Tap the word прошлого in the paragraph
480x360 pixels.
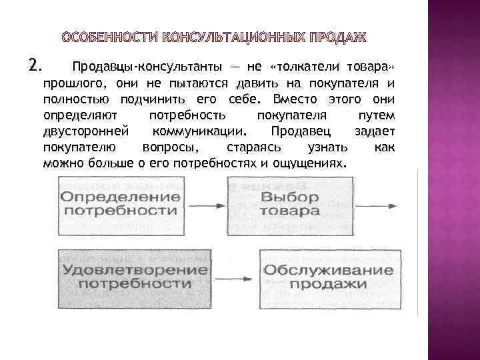(x=71, y=83)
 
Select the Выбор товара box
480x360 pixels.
(x=290, y=204)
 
